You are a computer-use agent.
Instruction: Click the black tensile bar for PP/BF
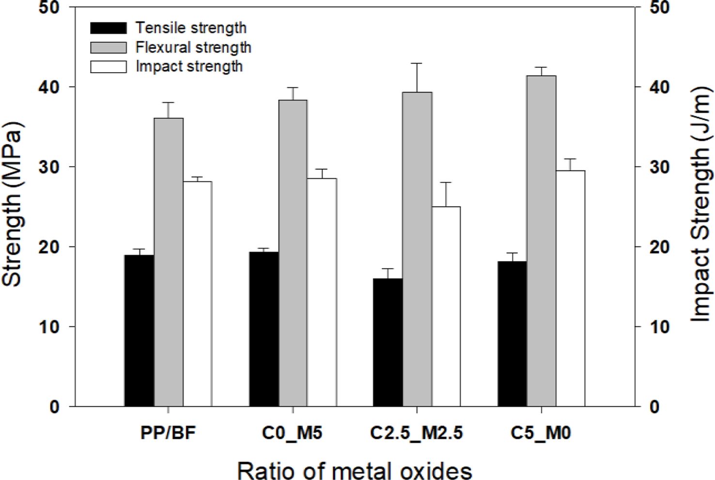click(x=139, y=331)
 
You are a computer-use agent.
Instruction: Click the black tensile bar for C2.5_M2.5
click(x=388, y=342)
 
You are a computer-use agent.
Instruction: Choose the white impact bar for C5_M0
click(x=570, y=288)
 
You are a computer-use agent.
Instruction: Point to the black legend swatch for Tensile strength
click(x=109, y=28)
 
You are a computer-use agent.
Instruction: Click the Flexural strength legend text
click(x=193, y=47)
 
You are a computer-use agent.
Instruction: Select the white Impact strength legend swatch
click(x=109, y=66)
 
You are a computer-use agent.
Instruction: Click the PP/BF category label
click(x=168, y=432)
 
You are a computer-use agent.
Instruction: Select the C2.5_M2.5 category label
click(x=417, y=432)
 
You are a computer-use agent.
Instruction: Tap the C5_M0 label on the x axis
click(x=541, y=432)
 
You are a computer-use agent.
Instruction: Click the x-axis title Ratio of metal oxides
click(x=355, y=469)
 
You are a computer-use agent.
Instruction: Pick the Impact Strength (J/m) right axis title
click(x=700, y=204)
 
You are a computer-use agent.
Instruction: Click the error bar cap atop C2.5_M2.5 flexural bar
click(x=417, y=63)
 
